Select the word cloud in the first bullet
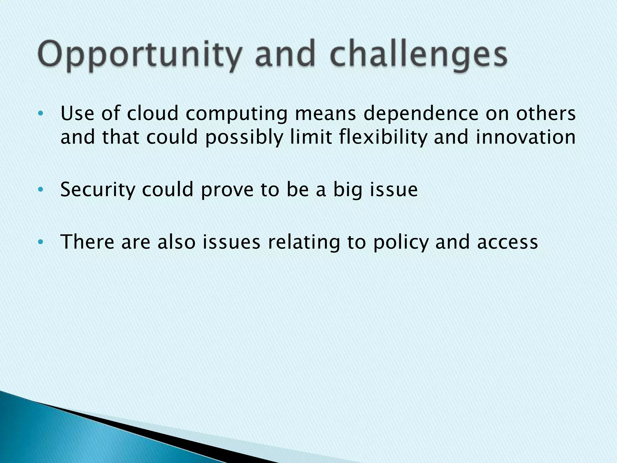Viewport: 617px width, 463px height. tap(152, 114)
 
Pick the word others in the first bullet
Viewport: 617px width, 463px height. tap(546, 114)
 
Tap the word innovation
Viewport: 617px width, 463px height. tap(526, 137)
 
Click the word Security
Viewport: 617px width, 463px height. tap(97, 190)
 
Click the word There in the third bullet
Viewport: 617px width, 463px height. tap(87, 242)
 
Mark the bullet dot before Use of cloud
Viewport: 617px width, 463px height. tap(41, 114)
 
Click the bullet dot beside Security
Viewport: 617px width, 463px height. tap(41, 190)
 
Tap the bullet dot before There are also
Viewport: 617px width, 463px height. tap(41, 242)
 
